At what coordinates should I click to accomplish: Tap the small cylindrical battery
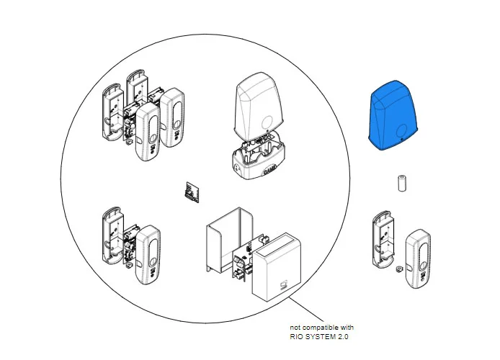tap(403, 183)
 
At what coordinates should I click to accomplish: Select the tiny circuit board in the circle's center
tap(192, 192)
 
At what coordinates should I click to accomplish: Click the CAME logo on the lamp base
tap(269, 171)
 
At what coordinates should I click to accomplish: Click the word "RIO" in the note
tap(296, 337)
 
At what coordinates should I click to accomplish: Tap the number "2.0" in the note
tap(341, 337)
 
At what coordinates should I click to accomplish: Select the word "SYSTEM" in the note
tap(319, 337)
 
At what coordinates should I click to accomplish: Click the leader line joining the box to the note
tap(306, 309)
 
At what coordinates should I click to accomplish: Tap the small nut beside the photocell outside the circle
tap(398, 269)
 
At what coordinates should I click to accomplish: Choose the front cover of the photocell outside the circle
tap(419, 258)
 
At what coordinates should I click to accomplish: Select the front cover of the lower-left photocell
tap(148, 255)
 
